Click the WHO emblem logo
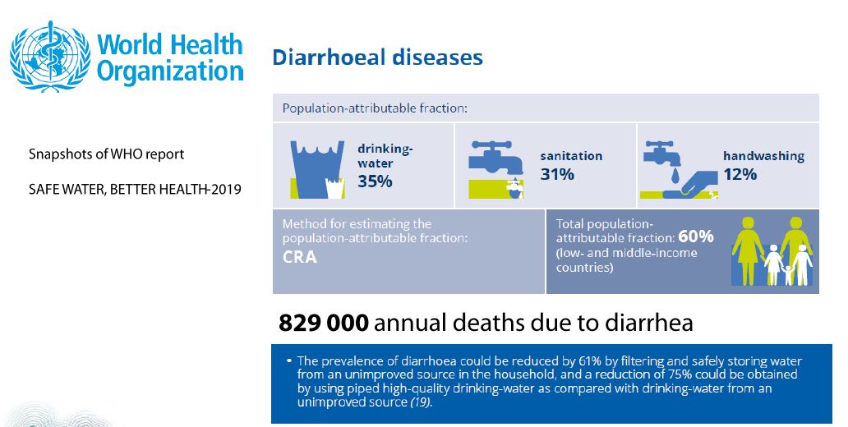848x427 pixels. tap(48, 56)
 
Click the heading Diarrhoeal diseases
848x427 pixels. tap(377, 57)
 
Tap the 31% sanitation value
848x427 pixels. tap(557, 174)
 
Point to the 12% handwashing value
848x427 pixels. tap(740, 174)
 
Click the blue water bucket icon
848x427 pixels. tap(315, 168)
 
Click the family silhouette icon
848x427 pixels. tap(772, 250)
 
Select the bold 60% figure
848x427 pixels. tap(696, 236)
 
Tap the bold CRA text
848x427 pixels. tap(300, 257)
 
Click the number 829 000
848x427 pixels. tap(323, 323)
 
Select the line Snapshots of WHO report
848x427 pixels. tap(106, 154)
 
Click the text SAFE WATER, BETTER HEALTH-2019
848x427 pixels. tap(135, 191)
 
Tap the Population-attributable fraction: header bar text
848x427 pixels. tap(376, 108)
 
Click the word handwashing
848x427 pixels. tap(763, 155)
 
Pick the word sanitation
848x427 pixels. tap(571, 155)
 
